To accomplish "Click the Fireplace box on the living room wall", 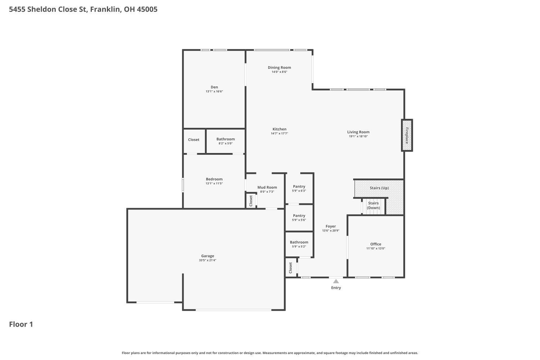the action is tap(407, 135).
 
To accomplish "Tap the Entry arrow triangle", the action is tap(336, 282).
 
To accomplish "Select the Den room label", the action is tap(214, 87).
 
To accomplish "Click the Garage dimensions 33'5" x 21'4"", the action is tap(208, 260).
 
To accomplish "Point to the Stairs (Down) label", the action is tap(373, 206).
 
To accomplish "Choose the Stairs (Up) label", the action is tap(379, 188).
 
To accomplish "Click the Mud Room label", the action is tap(267, 187).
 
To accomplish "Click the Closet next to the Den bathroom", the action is tap(194, 140).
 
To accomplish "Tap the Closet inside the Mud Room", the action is tap(251, 201).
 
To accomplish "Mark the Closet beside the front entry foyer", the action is tap(291, 268).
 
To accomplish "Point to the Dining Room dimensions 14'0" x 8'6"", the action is tap(279, 72).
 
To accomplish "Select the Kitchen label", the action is tap(279, 129).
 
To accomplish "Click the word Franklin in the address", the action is tap(106, 9).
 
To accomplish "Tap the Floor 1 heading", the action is tap(21, 324).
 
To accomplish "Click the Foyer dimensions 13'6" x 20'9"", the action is tap(331, 230).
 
